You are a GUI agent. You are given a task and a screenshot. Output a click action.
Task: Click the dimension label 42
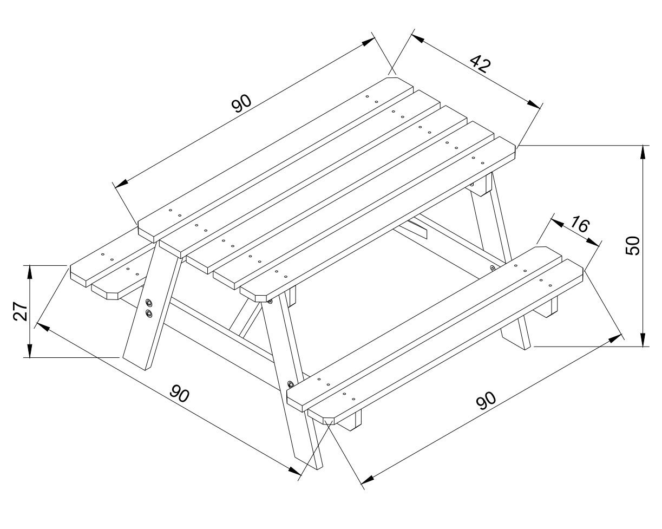point(480,64)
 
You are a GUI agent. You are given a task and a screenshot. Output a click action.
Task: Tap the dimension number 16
point(580,224)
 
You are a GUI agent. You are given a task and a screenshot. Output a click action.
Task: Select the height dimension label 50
point(632,245)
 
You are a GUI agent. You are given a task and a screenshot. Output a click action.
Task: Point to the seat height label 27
point(21,311)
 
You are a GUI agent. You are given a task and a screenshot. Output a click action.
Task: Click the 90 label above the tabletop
point(241,103)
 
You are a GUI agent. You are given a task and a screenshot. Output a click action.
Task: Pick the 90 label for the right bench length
point(486,401)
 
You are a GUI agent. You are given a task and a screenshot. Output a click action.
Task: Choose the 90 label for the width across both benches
point(179,393)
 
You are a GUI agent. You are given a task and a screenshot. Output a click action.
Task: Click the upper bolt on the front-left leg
point(149,303)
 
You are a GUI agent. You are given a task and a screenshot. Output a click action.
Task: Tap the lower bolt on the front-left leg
point(149,314)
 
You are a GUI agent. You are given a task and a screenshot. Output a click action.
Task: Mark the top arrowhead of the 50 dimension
point(643,152)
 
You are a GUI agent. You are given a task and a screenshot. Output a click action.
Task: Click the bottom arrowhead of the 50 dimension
point(643,339)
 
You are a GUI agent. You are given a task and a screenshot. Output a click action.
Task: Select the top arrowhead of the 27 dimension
point(30,272)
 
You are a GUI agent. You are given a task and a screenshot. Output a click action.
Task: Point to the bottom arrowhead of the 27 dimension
point(30,350)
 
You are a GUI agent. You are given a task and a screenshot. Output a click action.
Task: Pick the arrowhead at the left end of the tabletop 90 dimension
point(121,183)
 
